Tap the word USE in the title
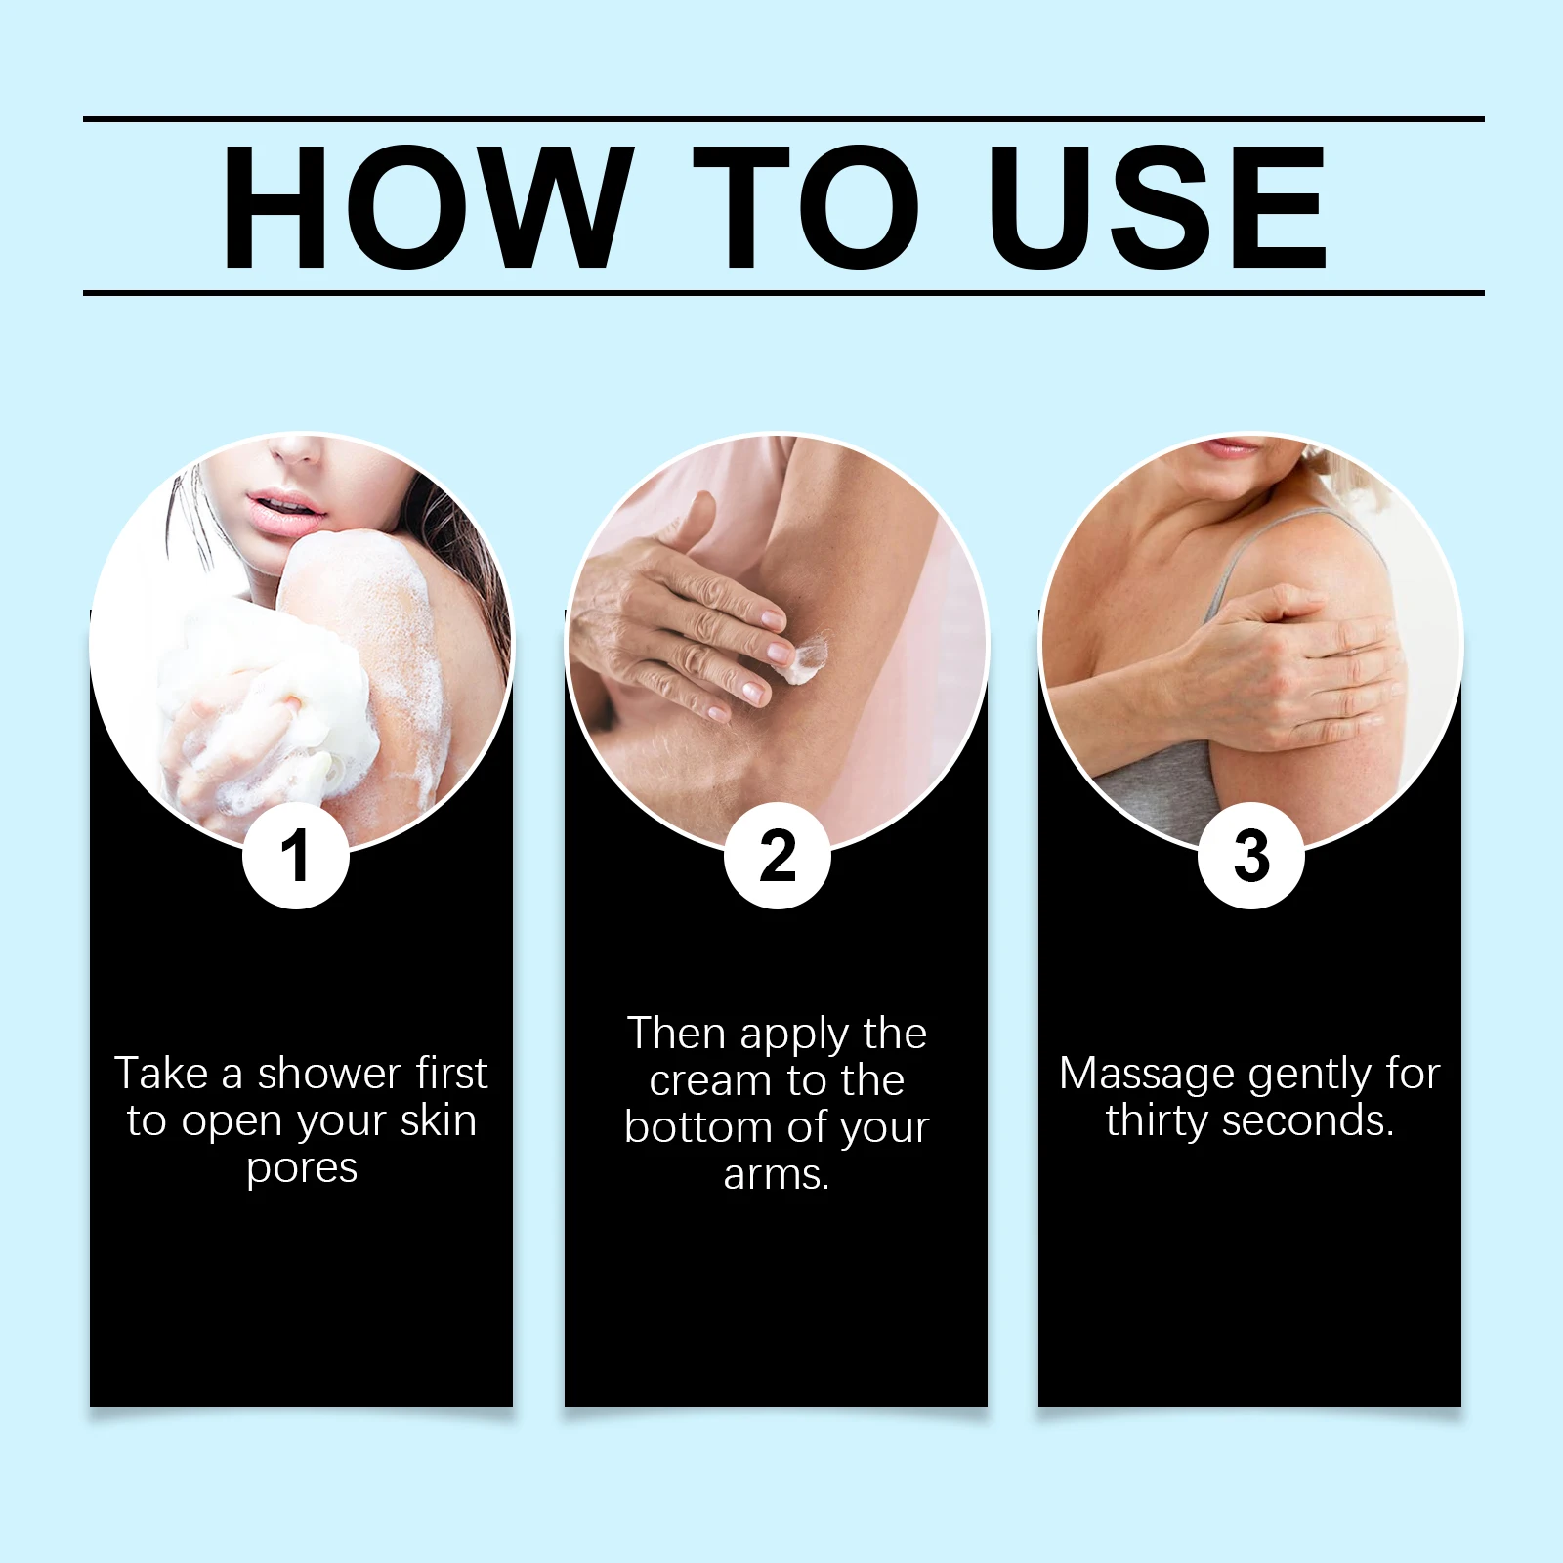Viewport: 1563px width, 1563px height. click(1158, 206)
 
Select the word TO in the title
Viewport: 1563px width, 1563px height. click(806, 206)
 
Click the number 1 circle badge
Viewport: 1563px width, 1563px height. click(295, 856)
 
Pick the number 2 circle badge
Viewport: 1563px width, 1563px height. click(778, 856)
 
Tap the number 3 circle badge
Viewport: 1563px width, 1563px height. click(1251, 856)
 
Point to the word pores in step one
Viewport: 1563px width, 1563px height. click(302, 1169)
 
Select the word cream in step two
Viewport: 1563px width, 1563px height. click(710, 1080)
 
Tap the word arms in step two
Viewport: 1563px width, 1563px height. click(777, 1174)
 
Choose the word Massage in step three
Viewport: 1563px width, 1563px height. click(1147, 1075)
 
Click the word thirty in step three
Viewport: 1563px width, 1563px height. click(1158, 1120)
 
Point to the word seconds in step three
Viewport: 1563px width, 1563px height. click(1308, 1120)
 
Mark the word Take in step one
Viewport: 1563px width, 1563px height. click(162, 1074)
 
